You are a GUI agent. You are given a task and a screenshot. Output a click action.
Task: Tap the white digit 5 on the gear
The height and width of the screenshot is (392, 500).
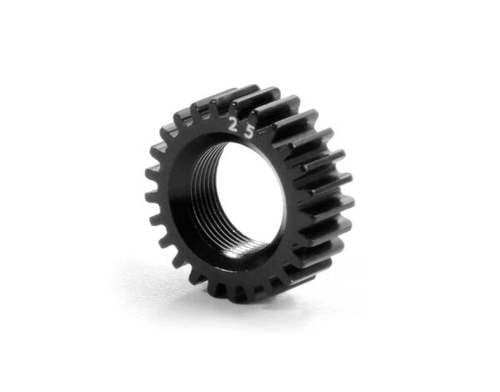point(248,133)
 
